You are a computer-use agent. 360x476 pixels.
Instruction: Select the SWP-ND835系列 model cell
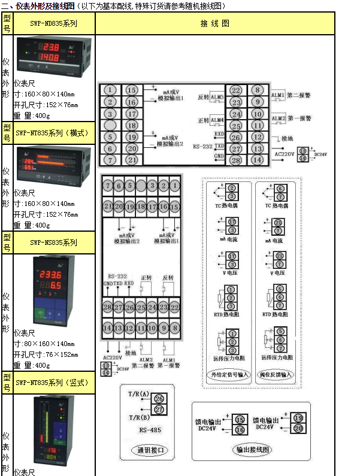click(x=53, y=25)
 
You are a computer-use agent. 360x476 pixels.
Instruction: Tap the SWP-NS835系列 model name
click(x=53, y=242)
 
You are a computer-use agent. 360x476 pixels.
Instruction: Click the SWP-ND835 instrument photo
click(x=53, y=57)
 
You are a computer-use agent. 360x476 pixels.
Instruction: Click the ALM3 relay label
click(x=217, y=97)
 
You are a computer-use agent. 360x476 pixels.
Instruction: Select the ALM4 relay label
click(x=217, y=120)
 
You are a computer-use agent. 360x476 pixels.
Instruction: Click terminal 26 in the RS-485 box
click(x=159, y=398)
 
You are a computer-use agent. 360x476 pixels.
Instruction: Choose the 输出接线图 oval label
click(x=252, y=450)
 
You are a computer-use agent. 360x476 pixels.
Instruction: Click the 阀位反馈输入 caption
click(x=277, y=374)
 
